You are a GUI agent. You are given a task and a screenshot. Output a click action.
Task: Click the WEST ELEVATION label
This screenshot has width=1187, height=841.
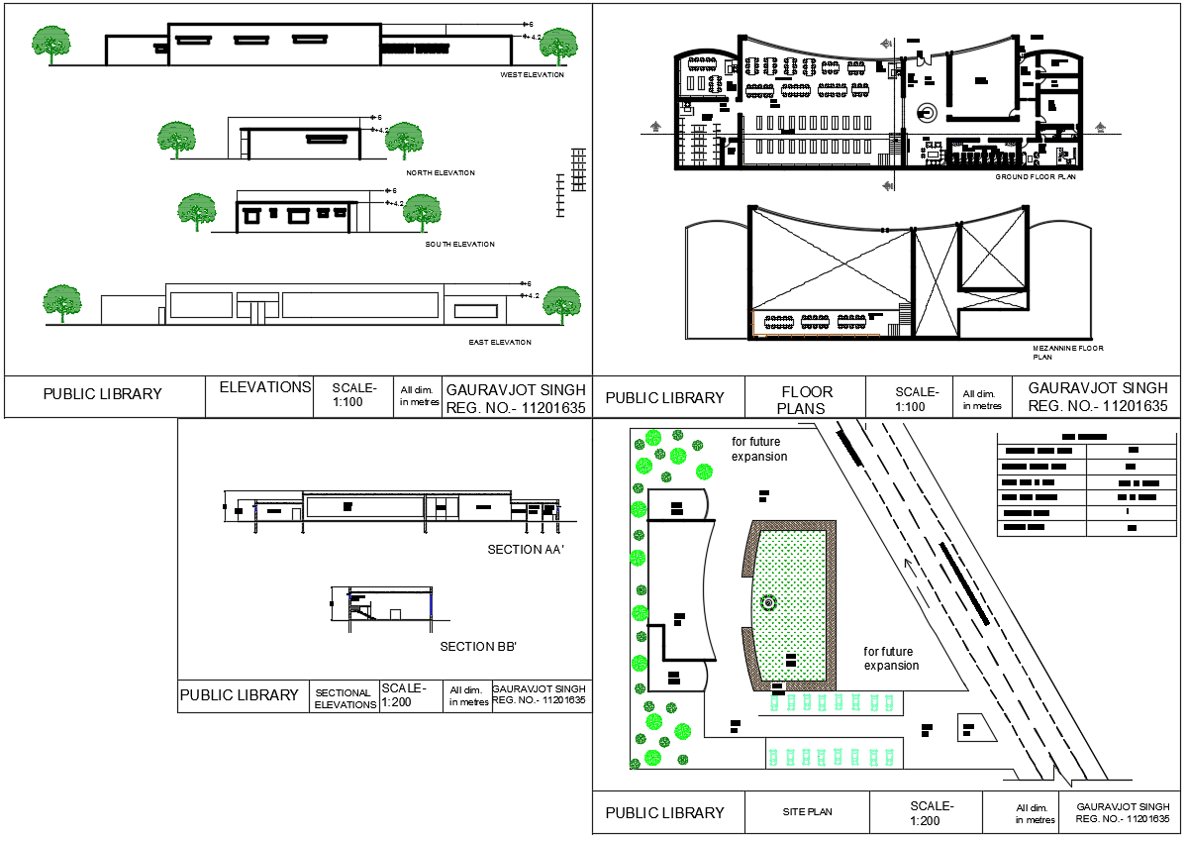(532, 75)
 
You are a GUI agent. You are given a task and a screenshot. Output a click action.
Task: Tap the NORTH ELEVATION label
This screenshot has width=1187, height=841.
(441, 173)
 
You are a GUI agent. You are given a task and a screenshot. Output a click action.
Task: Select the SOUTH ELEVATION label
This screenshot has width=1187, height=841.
(459, 244)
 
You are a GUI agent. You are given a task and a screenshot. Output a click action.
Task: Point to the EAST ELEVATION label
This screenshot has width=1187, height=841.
(500, 343)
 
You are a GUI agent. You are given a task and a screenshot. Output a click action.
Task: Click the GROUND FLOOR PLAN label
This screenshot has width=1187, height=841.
(1035, 176)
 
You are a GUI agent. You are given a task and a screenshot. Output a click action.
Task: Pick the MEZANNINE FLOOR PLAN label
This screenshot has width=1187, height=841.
(1067, 353)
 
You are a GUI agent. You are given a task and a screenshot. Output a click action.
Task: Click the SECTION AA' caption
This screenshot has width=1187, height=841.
(525, 549)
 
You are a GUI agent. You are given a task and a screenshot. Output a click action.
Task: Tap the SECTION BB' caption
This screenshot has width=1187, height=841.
(478, 647)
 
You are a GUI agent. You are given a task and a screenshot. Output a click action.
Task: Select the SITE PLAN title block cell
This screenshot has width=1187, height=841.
(806, 812)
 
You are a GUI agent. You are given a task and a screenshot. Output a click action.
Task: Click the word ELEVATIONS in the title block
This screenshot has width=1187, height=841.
(264, 387)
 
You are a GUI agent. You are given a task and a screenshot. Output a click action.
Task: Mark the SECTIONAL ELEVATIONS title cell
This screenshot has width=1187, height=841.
(345, 698)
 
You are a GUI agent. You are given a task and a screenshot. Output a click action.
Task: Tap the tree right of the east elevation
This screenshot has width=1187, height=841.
(562, 303)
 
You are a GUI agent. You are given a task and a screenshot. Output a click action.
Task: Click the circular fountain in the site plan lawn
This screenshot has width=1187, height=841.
(768, 601)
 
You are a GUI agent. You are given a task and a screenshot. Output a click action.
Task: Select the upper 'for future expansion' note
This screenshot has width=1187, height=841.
(759, 449)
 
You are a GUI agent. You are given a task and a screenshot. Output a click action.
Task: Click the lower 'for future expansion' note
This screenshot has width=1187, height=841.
(891, 659)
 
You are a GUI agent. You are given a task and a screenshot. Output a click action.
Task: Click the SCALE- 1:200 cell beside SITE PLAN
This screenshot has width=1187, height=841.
(933, 812)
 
